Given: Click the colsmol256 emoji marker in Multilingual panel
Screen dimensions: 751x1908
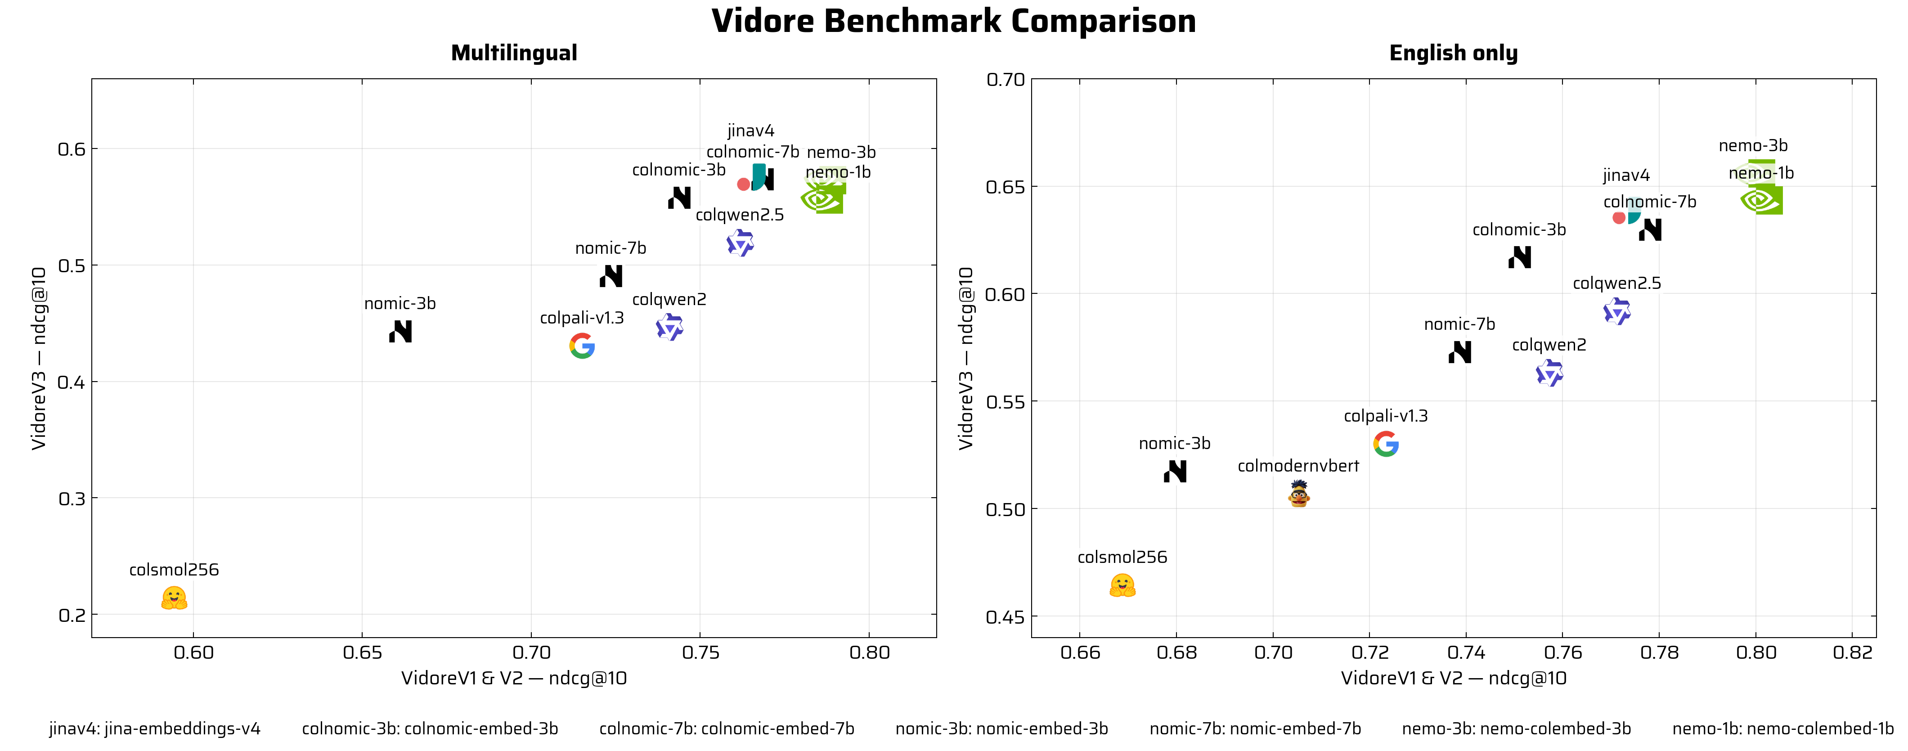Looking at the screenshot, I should pos(174,598).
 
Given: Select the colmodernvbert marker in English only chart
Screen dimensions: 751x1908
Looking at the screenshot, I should pos(1298,494).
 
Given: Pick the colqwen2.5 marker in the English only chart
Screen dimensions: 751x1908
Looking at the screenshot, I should pos(1617,312).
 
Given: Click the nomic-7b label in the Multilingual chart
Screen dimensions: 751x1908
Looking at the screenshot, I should pos(611,248).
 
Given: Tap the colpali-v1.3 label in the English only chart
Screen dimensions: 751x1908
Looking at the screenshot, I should pos(1385,415).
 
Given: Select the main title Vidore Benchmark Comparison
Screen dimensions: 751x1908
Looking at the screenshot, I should pos(953,21).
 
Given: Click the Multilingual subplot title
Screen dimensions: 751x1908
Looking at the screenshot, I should pos(514,54).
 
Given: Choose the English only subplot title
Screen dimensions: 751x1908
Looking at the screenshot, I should pos(1453,54).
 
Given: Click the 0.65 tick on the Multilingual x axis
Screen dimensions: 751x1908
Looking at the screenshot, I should pos(362,652).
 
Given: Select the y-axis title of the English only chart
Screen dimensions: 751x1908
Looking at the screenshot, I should pos(966,359).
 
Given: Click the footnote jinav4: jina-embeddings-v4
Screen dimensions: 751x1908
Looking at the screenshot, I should pos(155,729).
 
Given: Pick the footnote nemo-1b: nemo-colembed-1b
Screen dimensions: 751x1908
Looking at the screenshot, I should pos(1783,729).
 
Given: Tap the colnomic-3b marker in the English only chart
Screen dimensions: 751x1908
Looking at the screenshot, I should pos(1520,257).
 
